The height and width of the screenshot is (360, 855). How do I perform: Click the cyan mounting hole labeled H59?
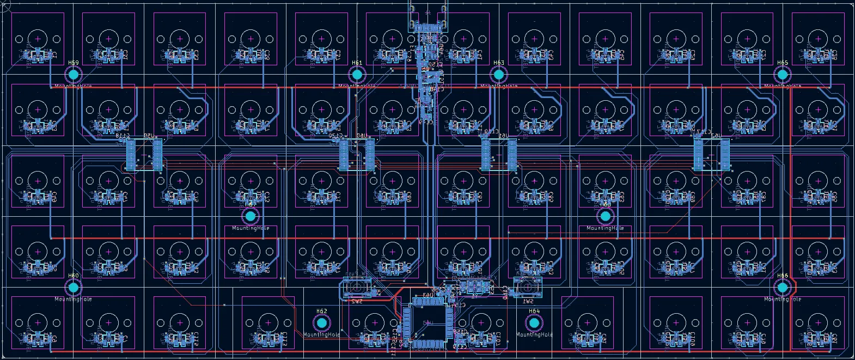click(x=74, y=74)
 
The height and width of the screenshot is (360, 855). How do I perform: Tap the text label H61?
click(x=357, y=63)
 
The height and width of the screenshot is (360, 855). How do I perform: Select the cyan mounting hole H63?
click(x=499, y=74)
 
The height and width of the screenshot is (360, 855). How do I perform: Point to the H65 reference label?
click(x=783, y=63)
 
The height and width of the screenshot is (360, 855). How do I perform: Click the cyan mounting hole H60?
click(x=74, y=287)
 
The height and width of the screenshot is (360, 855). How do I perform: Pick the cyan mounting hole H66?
click(x=783, y=287)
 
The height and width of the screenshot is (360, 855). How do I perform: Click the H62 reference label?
click(x=321, y=312)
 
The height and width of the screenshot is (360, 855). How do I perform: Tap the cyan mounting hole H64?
click(x=534, y=322)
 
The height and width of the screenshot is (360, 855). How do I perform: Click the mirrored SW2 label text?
click(x=357, y=301)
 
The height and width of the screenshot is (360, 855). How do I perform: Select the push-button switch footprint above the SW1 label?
click(x=528, y=286)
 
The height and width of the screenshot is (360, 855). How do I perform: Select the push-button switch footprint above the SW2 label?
click(x=357, y=286)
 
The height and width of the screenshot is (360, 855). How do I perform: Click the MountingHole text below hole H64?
click(x=534, y=335)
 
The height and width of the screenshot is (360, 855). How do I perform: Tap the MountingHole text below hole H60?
click(x=74, y=299)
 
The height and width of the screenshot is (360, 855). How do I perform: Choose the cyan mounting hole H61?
click(x=357, y=74)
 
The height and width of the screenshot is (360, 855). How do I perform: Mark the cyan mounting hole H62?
click(x=321, y=322)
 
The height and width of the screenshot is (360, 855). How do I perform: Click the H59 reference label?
click(x=74, y=63)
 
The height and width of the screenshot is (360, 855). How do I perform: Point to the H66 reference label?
click(x=783, y=276)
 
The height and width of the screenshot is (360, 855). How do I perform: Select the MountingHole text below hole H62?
click(x=321, y=335)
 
